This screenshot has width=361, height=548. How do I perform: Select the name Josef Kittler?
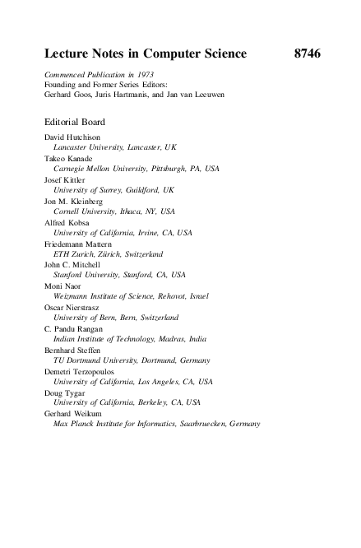click(x=67, y=179)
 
